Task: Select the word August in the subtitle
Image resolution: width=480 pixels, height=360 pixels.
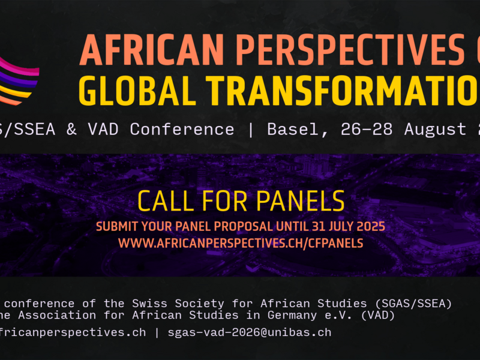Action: (435, 129)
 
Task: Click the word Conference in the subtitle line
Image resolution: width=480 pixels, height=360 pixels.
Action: (182, 129)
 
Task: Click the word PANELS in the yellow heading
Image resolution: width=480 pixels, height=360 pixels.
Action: (306, 201)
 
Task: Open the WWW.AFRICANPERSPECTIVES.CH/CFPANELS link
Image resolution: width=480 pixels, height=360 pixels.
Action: (240, 243)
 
